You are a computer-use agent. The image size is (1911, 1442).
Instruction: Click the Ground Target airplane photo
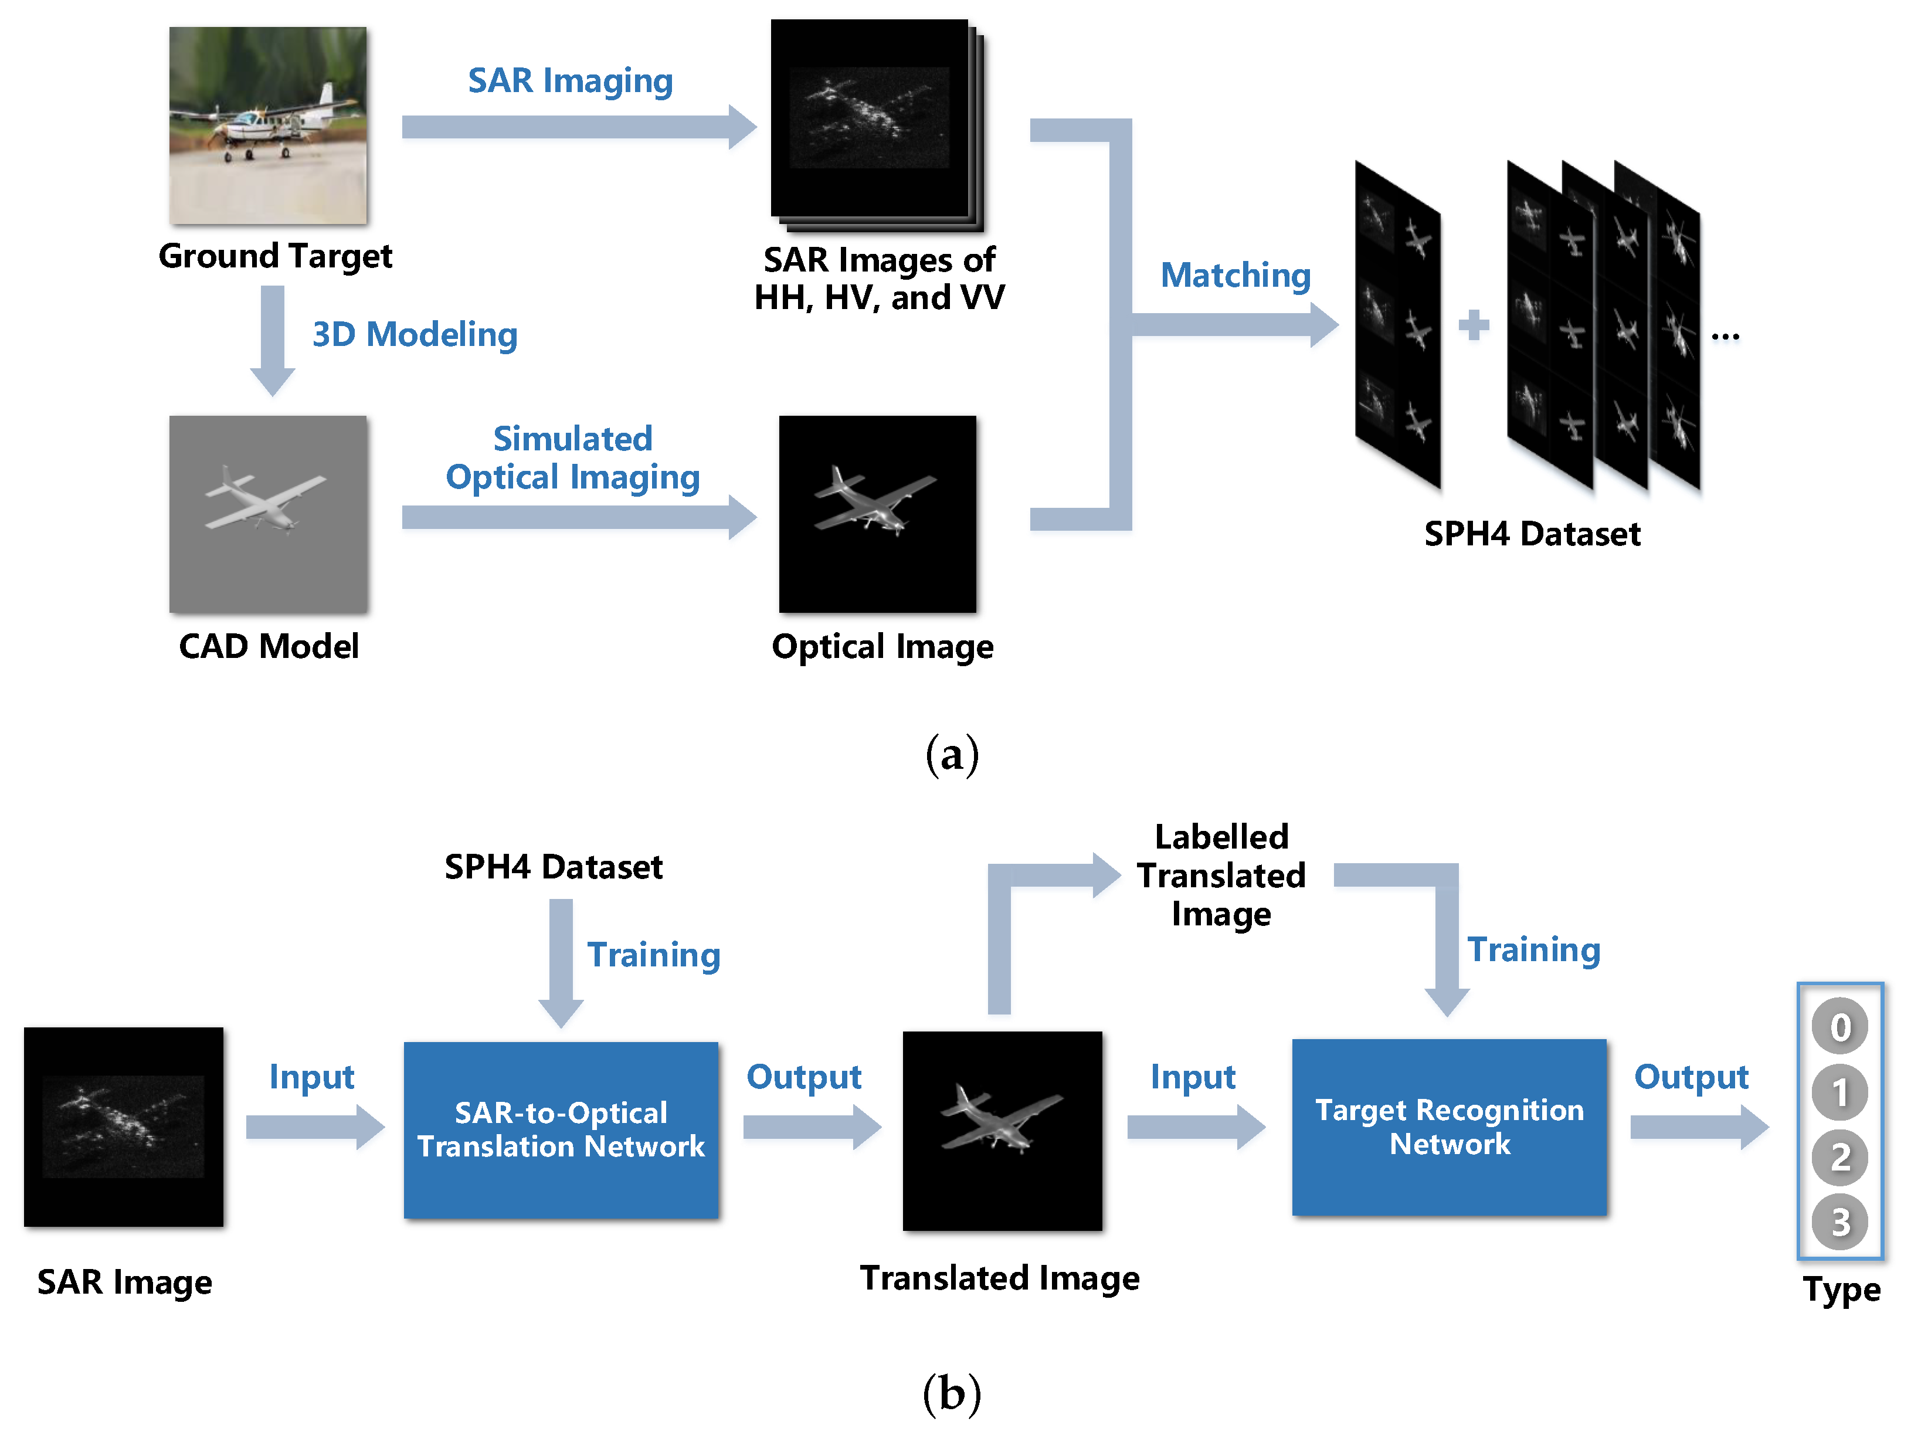pyautogui.click(x=268, y=125)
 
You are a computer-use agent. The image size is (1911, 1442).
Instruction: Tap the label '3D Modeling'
pyautogui.click(x=415, y=334)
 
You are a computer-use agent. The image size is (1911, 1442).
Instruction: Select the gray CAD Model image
pyautogui.click(x=268, y=514)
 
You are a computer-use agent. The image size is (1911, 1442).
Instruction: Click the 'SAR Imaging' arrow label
pyautogui.click(x=570, y=80)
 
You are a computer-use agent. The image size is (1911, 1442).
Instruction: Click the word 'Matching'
pyautogui.click(x=1235, y=275)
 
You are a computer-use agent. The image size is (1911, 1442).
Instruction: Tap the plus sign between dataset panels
pyautogui.click(x=1474, y=325)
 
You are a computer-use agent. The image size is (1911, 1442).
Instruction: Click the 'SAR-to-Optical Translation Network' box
pyautogui.click(x=561, y=1129)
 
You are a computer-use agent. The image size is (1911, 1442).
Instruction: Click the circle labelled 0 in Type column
pyautogui.click(x=1839, y=1026)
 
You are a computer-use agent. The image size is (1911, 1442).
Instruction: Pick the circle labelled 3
pyautogui.click(x=1839, y=1222)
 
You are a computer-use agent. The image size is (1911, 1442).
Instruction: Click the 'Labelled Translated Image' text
pyautogui.click(x=1221, y=875)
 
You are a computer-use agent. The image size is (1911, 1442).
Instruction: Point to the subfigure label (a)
pyautogui.click(x=952, y=754)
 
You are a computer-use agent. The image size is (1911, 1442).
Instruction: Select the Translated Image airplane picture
pyautogui.click(x=1002, y=1130)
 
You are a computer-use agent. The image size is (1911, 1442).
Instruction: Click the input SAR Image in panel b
pyautogui.click(x=124, y=1127)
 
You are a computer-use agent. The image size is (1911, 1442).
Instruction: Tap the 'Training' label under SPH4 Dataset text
pyautogui.click(x=653, y=955)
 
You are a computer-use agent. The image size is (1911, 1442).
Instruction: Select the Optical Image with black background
pyautogui.click(x=877, y=514)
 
